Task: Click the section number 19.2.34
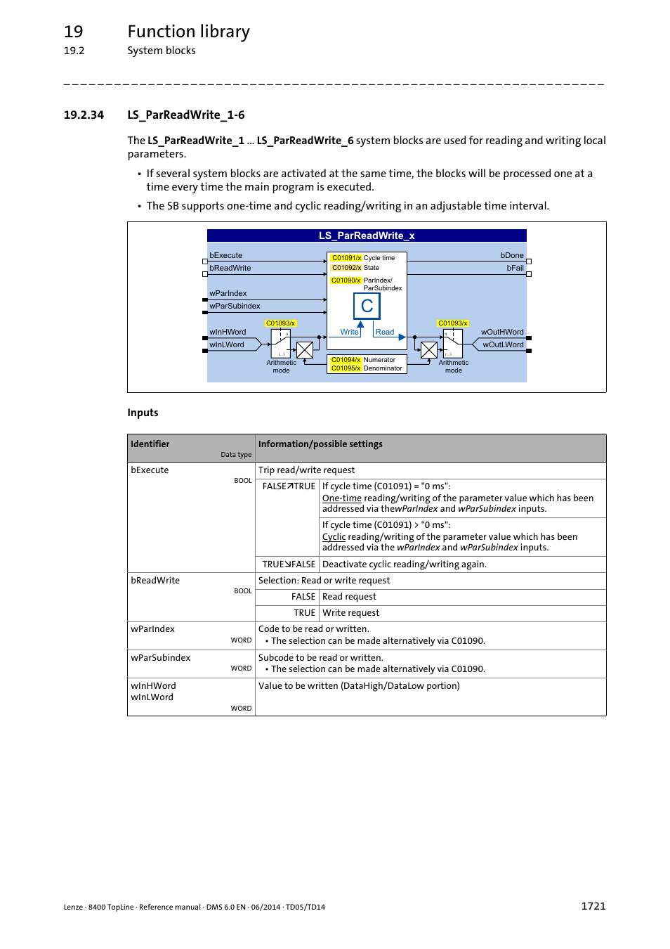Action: (x=84, y=115)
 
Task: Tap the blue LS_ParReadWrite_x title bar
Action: (x=367, y=235)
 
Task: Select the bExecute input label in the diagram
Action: (x=225, y=255)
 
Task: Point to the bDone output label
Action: (x=512, y=255)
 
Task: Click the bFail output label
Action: (x=515, y=268)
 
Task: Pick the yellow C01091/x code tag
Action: (x=346, y=258)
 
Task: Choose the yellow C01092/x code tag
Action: (x=346, y=268)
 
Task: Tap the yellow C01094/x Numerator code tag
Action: (x=346, y=360)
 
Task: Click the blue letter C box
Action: (x=367, y=306)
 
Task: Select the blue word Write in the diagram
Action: (x=349, y=332)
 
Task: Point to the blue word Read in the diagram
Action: (x=385, y=332)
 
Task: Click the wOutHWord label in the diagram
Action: (x=502, y=332)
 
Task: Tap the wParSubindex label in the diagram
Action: (x=235, y=306)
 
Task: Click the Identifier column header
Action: (x=150, y=444)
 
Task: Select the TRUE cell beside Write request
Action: (x=305, y=613)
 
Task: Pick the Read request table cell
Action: (x=349, y=597)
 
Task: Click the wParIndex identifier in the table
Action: (x=152, y=629)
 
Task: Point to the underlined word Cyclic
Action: (x=334, y=537)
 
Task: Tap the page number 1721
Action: (x=593, y=906)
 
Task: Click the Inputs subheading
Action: (x=143, y=413)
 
